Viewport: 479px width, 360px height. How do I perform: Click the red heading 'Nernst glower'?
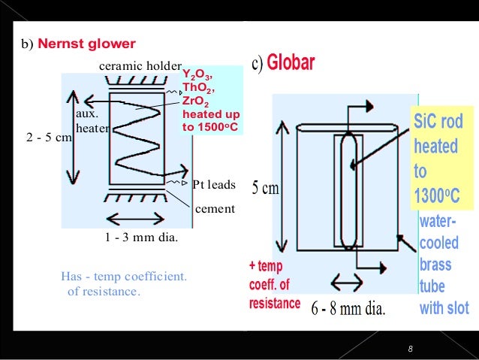tap(87, 44)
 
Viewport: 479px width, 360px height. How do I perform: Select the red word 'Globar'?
tap(291, 62)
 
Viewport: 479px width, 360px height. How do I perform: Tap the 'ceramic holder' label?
tap(140, 65)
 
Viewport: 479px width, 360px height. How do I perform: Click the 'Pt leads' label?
tap(214, 184)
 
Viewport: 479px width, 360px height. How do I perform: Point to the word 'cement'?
tap(215, 209)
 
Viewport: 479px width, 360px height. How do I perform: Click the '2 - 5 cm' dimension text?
tap(50, 138)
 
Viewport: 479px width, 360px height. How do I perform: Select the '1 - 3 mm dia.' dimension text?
tap(141, 237)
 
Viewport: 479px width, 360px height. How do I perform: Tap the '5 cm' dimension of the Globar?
tap(266, 187)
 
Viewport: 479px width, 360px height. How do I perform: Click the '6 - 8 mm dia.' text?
tap(348, 308)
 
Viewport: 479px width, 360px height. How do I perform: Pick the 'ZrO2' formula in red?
tap(195, 101)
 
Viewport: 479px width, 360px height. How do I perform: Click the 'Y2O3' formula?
tap(197, 74)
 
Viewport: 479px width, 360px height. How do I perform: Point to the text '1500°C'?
tap(218, 127)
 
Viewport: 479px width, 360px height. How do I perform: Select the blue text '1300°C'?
tap(437, 195)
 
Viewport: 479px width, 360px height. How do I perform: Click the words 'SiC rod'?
tap(438, 121)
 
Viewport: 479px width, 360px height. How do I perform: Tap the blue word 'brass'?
tap(435, 265)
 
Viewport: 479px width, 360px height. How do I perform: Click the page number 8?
tap(410, 349)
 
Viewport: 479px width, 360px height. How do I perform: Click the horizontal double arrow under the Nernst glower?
tap(135, 219)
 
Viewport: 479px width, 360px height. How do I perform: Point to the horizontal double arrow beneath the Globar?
tap(347, 282)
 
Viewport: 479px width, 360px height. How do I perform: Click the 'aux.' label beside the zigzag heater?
tap(87, 113)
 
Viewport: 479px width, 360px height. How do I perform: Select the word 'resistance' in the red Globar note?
tap(275, 304)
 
